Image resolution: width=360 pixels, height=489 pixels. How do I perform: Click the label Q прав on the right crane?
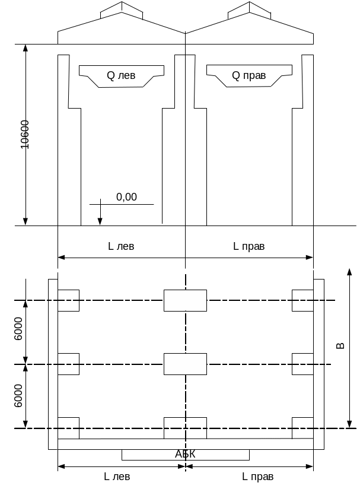(x=249, y=75)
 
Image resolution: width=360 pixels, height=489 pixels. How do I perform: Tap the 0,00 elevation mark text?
(x=126, y=196)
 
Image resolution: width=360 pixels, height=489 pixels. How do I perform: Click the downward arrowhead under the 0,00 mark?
(x=100, y=221)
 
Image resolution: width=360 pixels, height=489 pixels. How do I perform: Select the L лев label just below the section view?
(x=122, y=246)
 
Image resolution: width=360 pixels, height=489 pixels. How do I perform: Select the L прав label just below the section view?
(x=249, y=246)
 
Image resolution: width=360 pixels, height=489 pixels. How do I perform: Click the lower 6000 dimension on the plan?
(x=18, y=395)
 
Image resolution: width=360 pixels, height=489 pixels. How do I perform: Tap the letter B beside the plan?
(x=340, y=345)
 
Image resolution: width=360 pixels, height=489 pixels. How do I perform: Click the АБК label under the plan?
(x=185, y=454)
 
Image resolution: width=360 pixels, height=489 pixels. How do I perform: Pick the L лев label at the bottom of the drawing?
(x=117, y=477)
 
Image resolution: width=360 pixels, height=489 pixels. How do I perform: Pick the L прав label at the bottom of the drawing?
(x=258, y=477)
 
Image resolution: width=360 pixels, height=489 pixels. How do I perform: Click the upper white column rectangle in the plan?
(x=185, y=300)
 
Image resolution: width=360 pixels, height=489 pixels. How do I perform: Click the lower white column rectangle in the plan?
(x=185, y=364)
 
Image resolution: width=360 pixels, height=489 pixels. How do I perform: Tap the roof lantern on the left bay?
(x=122, y=10)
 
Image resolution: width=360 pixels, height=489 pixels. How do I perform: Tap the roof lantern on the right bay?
(x=249, y=10)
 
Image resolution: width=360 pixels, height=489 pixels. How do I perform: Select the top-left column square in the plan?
(x=68, y=300)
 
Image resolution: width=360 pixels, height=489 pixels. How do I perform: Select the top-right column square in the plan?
(x=302, y=300)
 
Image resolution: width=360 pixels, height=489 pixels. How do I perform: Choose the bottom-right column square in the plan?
(x=302, y=427)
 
